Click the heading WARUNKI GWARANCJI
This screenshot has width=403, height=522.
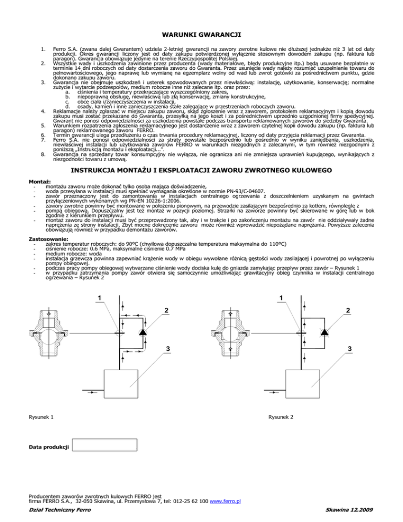201,35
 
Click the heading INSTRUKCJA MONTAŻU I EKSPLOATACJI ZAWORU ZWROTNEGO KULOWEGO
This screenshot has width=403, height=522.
201,171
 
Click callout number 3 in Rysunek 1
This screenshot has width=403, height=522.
167,349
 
